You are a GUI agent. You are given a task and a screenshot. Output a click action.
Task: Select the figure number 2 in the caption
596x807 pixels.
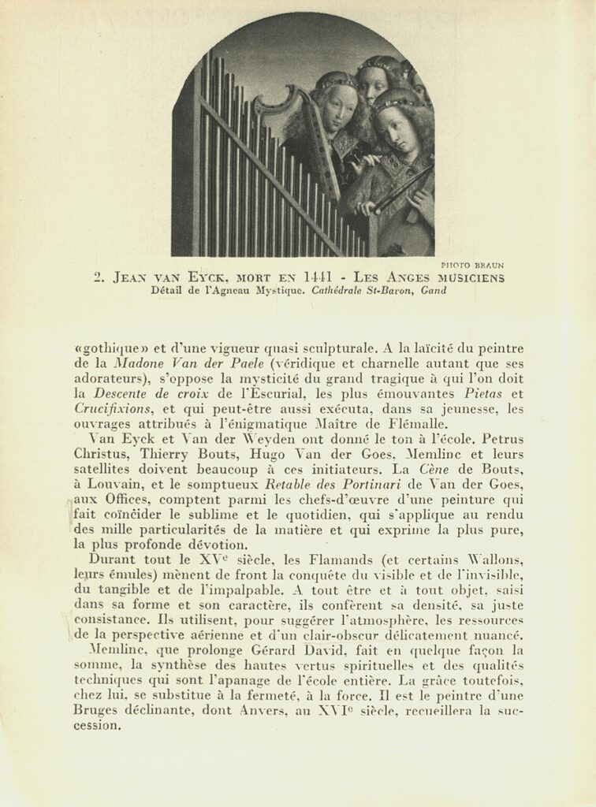coord(98,277)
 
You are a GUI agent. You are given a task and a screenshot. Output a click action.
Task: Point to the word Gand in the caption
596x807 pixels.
coord(434,291)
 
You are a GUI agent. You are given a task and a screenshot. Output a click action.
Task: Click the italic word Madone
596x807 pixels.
coord(136,363)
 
